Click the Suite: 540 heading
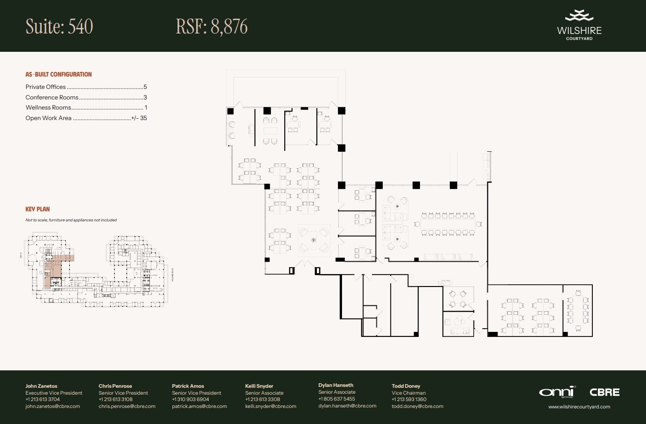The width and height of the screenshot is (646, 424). (59, 27)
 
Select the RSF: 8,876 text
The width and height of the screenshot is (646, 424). (211, 27)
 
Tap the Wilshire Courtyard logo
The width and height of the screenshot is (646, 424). (579, 26)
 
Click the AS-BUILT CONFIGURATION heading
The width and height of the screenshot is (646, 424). (59, 74)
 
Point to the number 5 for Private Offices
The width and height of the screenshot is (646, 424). (145, 87)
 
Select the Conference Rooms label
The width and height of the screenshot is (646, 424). (52, 97)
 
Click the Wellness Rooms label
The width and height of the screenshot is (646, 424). (48, 107)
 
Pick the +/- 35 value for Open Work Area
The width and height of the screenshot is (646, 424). (139, 118)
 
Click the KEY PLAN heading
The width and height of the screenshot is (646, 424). (38, 209)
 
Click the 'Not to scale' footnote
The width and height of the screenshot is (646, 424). (71, 220)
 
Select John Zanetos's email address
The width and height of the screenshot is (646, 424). (53, 406)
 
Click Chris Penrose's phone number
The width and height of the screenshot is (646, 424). (116, 399)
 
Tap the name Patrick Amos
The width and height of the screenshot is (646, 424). (188, 386)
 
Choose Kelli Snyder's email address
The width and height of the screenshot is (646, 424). (271, 406)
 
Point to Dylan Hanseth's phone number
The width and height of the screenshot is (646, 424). (337, 399)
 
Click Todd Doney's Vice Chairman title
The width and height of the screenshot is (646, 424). (409, 393)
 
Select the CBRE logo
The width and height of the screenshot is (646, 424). (604, 392)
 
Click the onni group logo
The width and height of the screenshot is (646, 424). (557, 392)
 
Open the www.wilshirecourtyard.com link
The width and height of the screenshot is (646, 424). (579, 407)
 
